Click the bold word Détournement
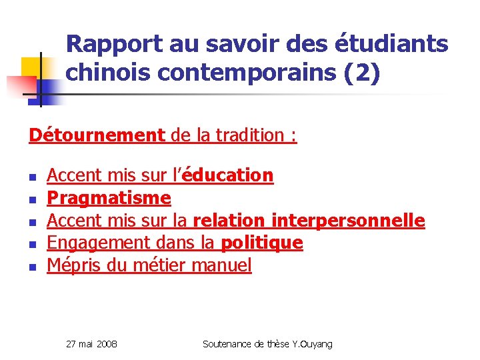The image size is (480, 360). coord(97,135)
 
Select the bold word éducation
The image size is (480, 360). coord(227,175)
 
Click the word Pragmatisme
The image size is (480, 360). coord(109,198)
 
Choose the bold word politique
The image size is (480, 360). coord(261,243)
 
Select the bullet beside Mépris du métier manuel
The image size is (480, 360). coord(31,267)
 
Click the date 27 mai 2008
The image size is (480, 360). coord(92,344)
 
